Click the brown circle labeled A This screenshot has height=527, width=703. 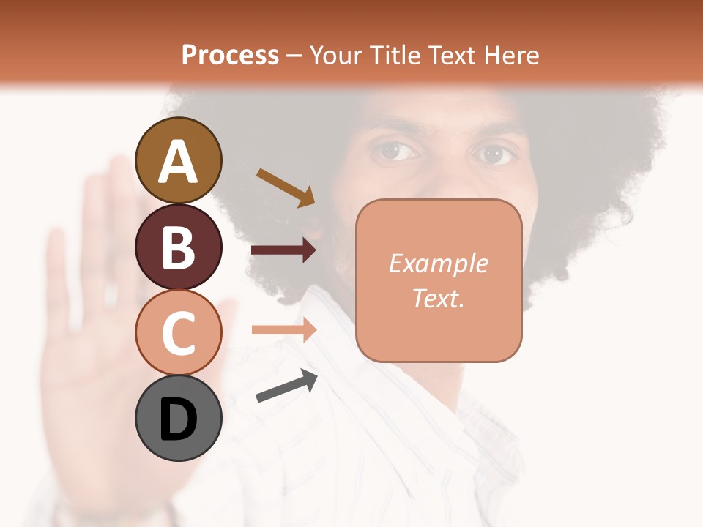pos(179,161)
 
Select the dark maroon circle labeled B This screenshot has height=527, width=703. pos(179,247)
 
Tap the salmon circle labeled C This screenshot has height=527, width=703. pos(179,332)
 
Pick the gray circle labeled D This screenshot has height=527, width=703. pos(179,418)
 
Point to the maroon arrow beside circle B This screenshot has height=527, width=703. pos(283,251)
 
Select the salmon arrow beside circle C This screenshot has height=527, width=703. pos(283,330)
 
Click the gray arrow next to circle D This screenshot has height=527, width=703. pos(286,386)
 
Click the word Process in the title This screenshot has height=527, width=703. pos(230,55)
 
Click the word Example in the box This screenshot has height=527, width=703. pos(438,263)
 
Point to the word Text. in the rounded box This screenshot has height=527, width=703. pos(438,298)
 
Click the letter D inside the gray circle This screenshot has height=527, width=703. pos(179,419)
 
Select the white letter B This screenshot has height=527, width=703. pos(179,247)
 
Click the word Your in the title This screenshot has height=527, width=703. pos(335,55)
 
